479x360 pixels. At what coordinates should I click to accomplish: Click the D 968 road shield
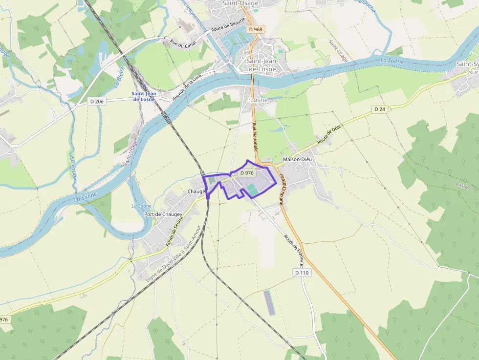coord(255,29)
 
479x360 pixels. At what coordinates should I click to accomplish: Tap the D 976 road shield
coord(247,173)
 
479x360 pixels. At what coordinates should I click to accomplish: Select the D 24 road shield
coord(380,109)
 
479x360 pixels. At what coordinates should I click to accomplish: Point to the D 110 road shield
coord(302,273)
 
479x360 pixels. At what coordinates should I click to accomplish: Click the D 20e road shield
coord(97,101)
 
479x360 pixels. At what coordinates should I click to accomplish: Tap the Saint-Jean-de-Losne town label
coord(261,65)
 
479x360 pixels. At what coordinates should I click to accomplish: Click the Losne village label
coord(259,100)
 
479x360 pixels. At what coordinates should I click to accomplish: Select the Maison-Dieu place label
coord(297,159)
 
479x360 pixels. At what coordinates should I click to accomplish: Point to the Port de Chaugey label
coord(163,214)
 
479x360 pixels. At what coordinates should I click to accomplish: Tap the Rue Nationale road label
coord(255,136)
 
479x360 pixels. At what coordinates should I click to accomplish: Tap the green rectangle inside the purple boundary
coord(251,188)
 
